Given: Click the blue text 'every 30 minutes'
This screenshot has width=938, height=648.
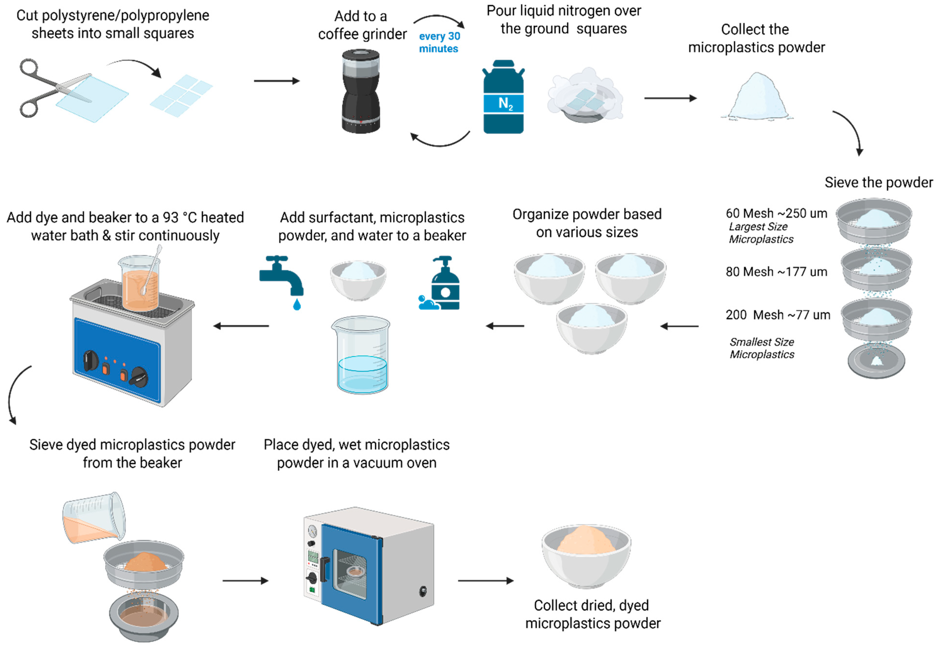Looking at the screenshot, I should coord(439,42).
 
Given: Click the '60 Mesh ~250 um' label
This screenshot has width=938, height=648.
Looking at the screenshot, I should coord(776,213).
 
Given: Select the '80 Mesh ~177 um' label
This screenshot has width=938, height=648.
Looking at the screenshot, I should coord(776,272).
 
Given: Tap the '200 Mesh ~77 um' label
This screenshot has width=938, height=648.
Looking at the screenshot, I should coord(777,315).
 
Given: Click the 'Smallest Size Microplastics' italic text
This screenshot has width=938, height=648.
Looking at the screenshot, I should coord(761,348).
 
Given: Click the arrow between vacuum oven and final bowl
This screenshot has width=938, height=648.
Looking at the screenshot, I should coord(486,581).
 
